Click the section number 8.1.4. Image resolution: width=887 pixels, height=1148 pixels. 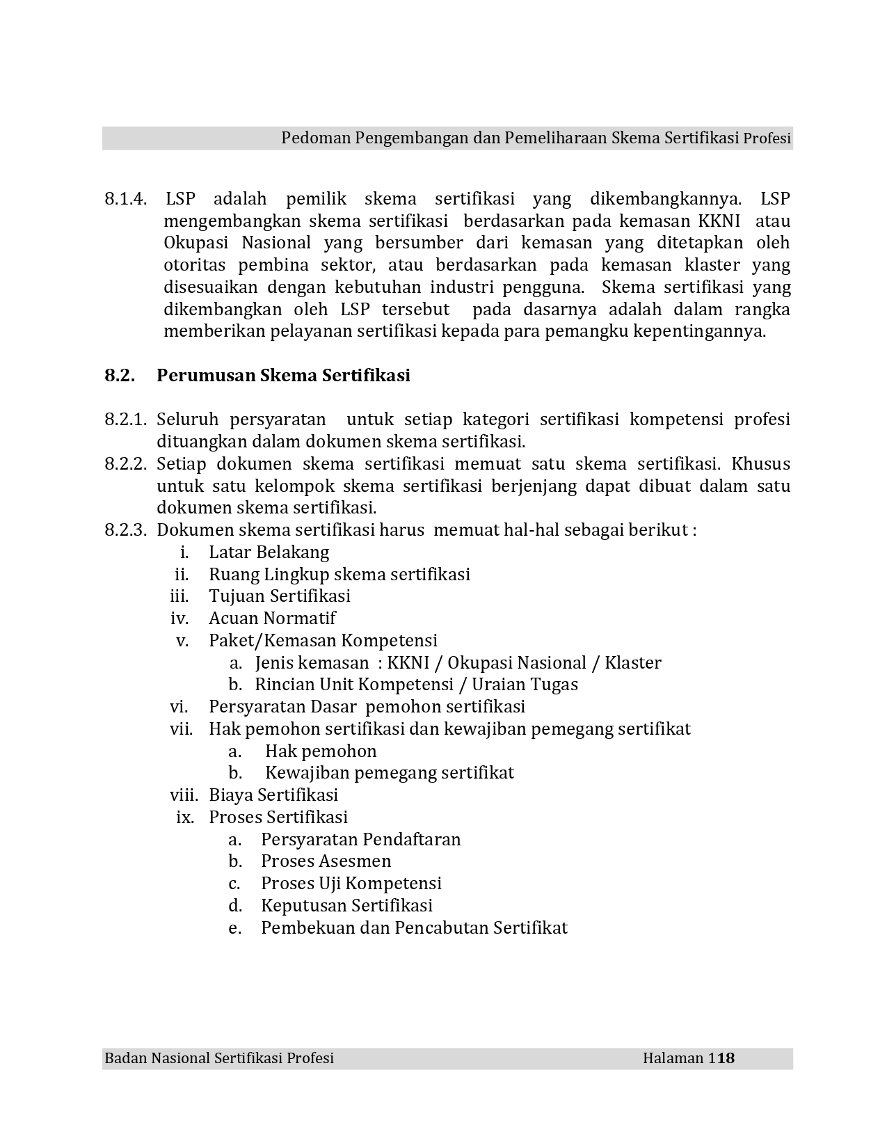click(125, 199)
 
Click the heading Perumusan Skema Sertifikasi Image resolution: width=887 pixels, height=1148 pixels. click(283, 376)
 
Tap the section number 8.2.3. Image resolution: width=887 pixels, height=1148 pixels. click(125, 530)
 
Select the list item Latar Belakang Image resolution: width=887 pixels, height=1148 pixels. click(269, 552)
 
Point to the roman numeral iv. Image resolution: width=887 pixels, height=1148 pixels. click(179, 619)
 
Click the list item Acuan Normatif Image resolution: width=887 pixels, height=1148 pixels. click(272, 619)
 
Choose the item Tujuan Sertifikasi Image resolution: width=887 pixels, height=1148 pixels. click(280, 596)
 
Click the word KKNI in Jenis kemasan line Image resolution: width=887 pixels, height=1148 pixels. click(408, 662)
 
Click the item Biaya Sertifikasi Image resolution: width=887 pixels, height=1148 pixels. click(273, 795)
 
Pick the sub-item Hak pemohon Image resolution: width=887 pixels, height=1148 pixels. click(321, 751)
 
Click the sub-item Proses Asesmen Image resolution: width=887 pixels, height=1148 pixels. click(326, 861)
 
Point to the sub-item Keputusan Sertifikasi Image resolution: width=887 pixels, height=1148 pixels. click(346, 906)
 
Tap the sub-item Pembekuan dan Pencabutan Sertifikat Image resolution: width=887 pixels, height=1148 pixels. click(414, 928)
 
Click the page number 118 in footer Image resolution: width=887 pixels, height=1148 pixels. click(721, 1058)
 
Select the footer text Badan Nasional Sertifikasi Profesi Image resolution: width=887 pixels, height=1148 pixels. click(219, 1058)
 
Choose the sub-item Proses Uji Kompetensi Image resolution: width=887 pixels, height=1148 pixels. click(351, 884)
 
